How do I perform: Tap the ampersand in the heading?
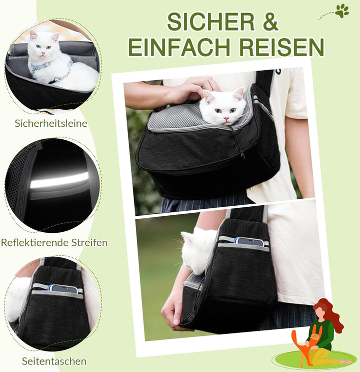pyautogui.click(x=270, y=22)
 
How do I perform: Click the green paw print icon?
pyautogui.click(x=342, y=11)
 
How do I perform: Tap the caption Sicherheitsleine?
pyautogui.click(x=51, y=123)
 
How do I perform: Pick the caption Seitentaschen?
pyautogui.click(x=54, y=361)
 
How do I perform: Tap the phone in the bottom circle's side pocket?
pyautogui.click(x=63, y=288)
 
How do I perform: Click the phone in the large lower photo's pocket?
pyautogui.click(x=248, y=242)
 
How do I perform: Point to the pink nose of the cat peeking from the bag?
pyautogui.click(x=226, y=119)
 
